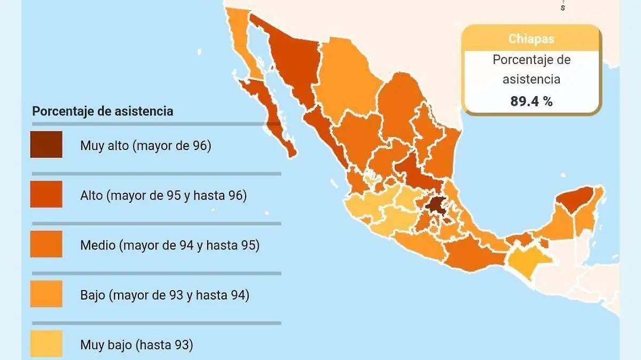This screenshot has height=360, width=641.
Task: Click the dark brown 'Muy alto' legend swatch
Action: pos(46,144)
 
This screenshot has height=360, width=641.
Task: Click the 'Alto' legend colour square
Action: pos(46,194)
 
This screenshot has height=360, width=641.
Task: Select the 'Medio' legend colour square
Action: pos(46,244)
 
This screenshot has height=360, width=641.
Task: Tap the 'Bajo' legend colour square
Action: pos(46,294)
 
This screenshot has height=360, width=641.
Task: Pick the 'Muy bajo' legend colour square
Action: pos(46,343)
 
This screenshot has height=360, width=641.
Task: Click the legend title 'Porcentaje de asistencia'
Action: pos(103,111)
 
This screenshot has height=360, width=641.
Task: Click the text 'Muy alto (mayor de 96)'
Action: pos(145,145)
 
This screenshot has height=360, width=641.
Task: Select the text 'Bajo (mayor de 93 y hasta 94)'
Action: pos(165,294)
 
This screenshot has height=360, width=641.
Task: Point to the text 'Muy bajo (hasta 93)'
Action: pos(136,345)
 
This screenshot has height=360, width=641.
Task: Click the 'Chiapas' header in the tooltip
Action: pos(531,38)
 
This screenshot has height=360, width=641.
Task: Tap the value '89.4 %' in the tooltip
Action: pos(531,101)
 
